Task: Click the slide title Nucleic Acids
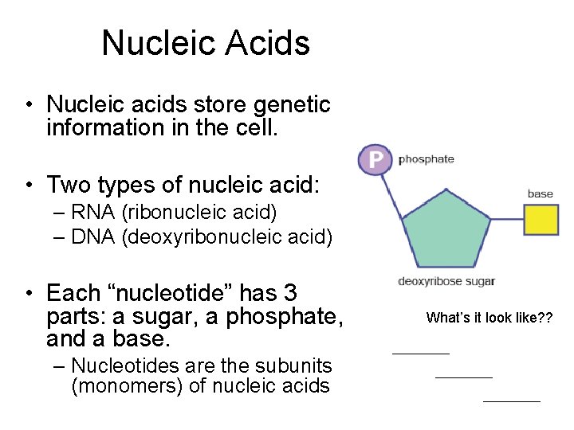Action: (x=206, y=43)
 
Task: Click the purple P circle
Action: (x=375, y=159)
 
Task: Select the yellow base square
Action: (x=541, y=220)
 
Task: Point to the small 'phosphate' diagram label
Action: (x=427, y=159)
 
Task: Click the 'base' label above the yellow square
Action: (x=540, y=193)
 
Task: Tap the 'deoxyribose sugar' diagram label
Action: (x=446, y=281)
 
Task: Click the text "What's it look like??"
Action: (x=489, y=318)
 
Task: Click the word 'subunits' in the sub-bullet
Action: (x=293, y=365)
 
